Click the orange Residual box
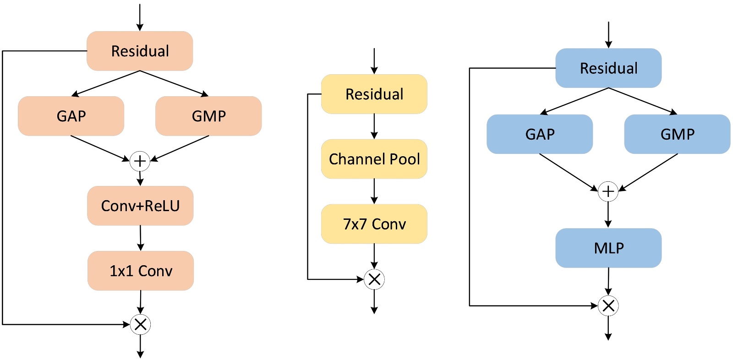point(140,51)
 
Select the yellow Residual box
point(374,94)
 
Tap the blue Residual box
point(608,68)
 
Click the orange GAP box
point(71,116)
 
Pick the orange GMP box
point(208,116)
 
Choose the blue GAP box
point(540,134)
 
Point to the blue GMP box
point(677,134)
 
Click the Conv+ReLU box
point(140,206)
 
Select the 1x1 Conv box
point(141,271)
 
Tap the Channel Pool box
point(374,159)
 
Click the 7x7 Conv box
point(374,224)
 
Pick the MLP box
point(608,248)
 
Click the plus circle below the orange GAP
point(140,161)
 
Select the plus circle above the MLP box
point(608,191)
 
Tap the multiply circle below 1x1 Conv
point(140,325)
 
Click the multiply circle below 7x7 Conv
point(374,279)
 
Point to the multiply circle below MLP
point(608,305)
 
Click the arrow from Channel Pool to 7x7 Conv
point(374,191)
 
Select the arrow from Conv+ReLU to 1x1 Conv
point(140,238)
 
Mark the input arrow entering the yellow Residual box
point(374,61)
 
